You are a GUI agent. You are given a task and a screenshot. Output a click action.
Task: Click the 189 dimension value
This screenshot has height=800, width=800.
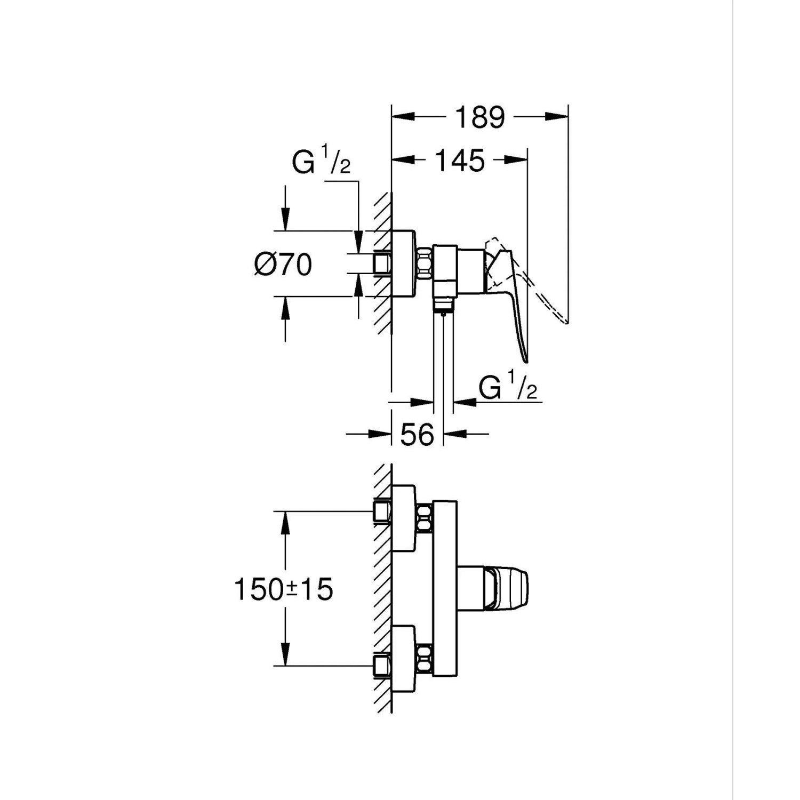point(479,117)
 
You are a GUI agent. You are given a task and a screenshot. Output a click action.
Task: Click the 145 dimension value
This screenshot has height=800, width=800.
point(460,160)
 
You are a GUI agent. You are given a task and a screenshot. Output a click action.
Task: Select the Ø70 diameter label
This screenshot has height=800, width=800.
point(283,265)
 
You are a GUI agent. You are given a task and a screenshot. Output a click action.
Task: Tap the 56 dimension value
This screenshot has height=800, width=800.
point(417,434)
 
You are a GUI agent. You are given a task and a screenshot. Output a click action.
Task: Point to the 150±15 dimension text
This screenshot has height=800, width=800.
point(283,589)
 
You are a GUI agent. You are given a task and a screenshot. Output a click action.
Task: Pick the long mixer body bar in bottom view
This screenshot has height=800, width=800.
point(445,589)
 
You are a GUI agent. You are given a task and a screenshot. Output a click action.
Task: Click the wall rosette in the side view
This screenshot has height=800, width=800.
point(403,263)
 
